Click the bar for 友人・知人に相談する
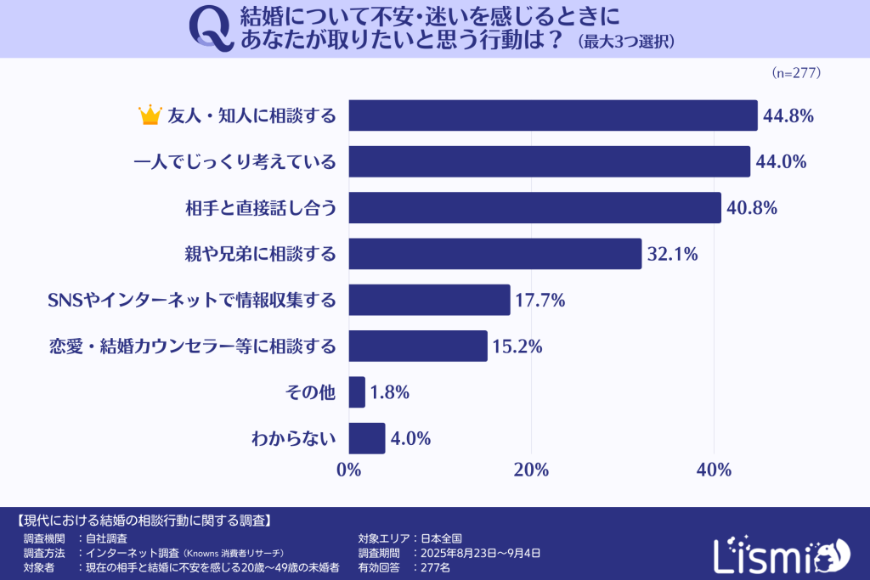tap(552, 115)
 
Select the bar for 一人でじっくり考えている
tap(549, 161)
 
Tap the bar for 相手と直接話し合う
tap(534, 207)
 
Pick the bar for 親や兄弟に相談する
tap(494, 253)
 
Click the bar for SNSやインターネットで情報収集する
tap(429, 300)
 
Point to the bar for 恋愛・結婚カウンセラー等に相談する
tap(418, 346)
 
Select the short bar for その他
tap(357, 392)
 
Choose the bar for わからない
tap(367, 438)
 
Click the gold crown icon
tap(150, 115)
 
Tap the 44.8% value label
tap(789, 115)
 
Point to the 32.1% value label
tap(673, 253)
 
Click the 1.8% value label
tap(391, 392)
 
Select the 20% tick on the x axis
tap(532, 470)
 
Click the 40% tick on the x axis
tap(714, 470)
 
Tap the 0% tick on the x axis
tap(349, 470)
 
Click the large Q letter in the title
tap(210, 28)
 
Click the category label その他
tap(313, 392)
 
